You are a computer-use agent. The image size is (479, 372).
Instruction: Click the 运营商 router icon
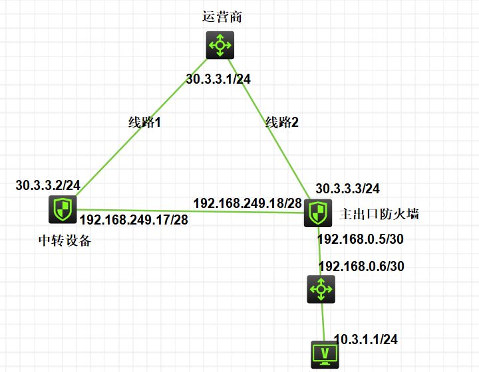click(220, 45)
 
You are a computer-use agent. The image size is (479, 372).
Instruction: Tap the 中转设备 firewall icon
click(63, 209)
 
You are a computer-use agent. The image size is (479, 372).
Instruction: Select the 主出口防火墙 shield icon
click(318, 213)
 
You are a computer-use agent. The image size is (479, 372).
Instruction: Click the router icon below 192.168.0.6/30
click(321, 289)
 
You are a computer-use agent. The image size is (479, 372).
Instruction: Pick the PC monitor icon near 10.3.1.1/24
click(325, 355)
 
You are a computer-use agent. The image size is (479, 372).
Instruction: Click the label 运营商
click(222, 17)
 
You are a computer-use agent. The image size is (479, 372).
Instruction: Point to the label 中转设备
click(65, 240)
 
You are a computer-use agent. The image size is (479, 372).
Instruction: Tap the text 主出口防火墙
click(379, 214)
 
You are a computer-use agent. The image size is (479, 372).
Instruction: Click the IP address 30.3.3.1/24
click(218, 79)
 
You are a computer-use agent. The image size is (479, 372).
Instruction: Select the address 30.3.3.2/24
click(48, 185)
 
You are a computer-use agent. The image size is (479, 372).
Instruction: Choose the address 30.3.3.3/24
click(348, 189)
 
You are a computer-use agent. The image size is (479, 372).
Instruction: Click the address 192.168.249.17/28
click(134, 219)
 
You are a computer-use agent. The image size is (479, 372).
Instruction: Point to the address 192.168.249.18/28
click(247, 203)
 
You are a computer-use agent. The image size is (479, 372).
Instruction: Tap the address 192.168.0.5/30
click(361, 239)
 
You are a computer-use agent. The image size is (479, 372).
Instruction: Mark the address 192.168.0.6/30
click(362, 266)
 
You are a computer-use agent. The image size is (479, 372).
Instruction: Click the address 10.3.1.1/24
click(366, 339)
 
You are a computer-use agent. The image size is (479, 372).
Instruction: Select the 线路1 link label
click(144, 122)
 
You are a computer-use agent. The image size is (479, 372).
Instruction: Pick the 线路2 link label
click(282, 122)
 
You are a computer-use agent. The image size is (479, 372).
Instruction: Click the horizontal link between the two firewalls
click(190, 211)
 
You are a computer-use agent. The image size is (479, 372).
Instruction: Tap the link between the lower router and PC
click(323, 322)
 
